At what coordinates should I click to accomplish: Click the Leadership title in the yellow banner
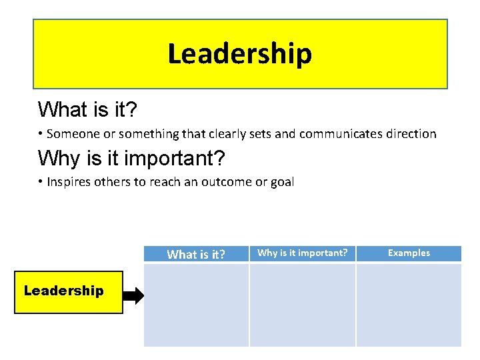tap(239, 54)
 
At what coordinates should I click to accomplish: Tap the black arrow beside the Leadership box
tap(134, 296)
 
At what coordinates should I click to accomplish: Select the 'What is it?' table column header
tap(196, 254)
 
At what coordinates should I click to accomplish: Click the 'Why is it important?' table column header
tap(302, 253)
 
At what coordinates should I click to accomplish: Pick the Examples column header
tap(409, 253)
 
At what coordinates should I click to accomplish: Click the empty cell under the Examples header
tap(409, 305)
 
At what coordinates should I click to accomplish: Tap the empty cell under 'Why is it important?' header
tap(302, 305)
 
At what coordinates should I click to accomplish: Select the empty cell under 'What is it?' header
tap(196, 305)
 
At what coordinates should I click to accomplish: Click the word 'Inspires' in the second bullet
tap(70, 182)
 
